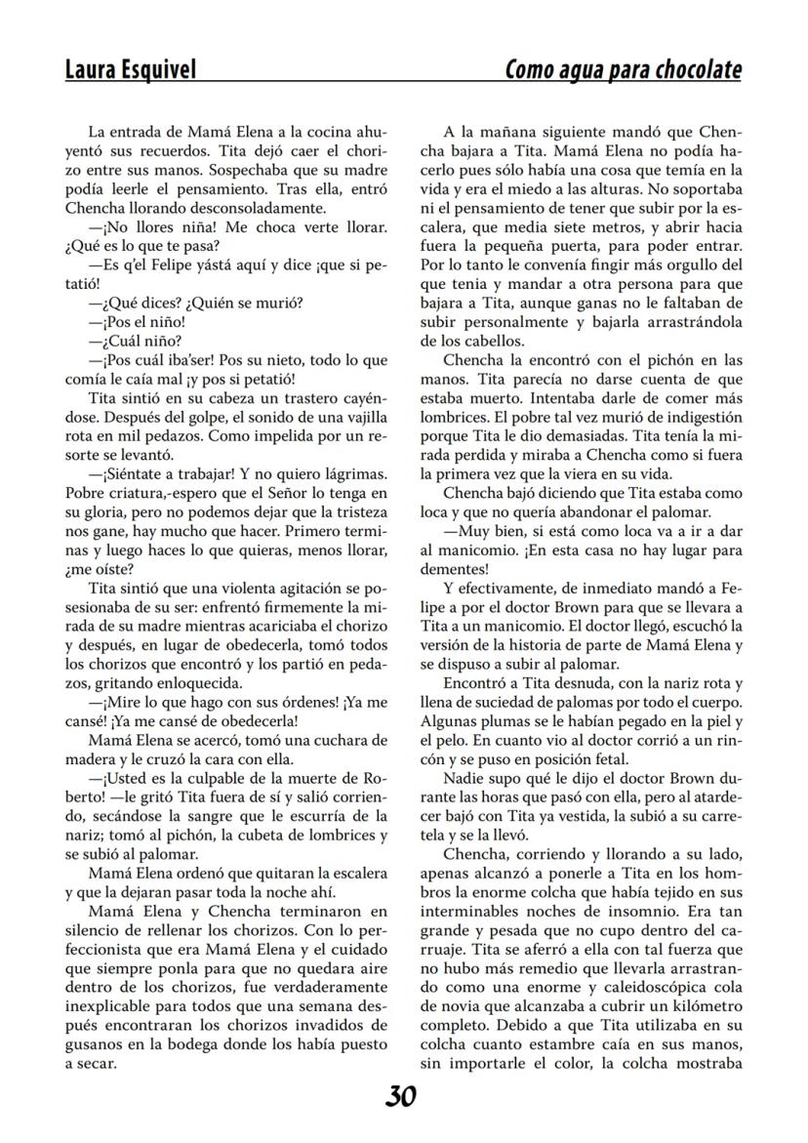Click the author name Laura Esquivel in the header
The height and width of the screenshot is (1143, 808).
tap(131, 70)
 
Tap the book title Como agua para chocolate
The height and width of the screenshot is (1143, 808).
tap(623, 70)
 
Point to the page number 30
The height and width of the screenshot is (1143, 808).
tap(400, 1097)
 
